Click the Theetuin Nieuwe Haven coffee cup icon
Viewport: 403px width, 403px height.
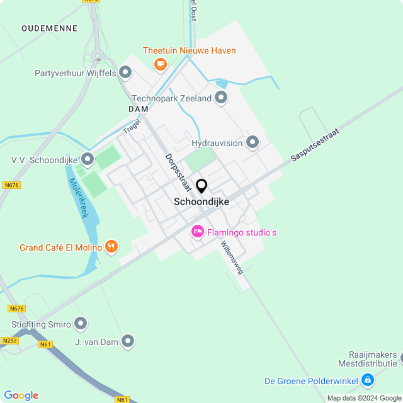pyautogui.click(x=160, y=64)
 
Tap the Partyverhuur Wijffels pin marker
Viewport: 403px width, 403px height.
pyautogui.click(x=125, y=73)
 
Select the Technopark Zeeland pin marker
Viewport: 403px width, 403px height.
pyautogui.click(x=221, y=98)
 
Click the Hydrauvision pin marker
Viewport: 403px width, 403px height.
pyautogui.click(x=253, y=143)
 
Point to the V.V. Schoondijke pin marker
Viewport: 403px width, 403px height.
pyautogui.click(x=88, y=159)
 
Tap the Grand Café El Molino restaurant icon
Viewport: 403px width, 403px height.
pyautogui.click(x=111, y=247)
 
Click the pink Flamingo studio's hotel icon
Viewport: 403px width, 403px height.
pyautogui.click(x=198, y=232)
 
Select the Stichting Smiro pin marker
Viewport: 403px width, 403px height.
pyautogui.click(x=81, y=324)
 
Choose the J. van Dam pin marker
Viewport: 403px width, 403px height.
pyautogui.click(x=128, y=341)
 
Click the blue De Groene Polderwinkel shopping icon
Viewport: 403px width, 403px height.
pyautogui.click(x=368, y=380)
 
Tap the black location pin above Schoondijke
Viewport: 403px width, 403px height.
pyautogui.click(x=201, y=186)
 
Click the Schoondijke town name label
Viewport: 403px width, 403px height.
pyautogui.click(x=201, y=201)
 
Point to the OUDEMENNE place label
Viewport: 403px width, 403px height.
pyautogui.click(x=49, y=28)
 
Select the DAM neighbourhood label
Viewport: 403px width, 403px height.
pyautogui.click(x=138, y=109)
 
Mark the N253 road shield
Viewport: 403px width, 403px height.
pyautogui.click(x=9, y=341)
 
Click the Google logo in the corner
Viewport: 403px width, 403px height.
pyautogui.click(x=21, y=395)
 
